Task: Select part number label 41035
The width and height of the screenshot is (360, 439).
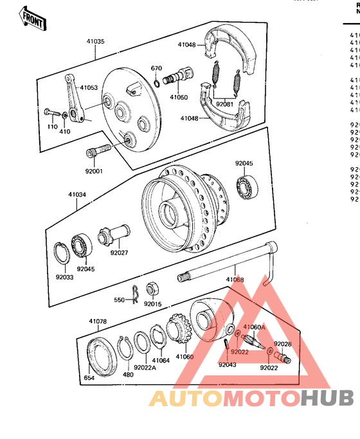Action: coord(96,41)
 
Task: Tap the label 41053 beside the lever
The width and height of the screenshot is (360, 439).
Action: coord(89,87)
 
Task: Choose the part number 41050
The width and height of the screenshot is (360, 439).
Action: coord(179,97)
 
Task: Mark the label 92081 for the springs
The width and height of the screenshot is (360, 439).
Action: coord(225,103)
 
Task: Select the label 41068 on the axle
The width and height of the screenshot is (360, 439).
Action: coord(235,280)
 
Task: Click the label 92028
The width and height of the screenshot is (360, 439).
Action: coord(283,345)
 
